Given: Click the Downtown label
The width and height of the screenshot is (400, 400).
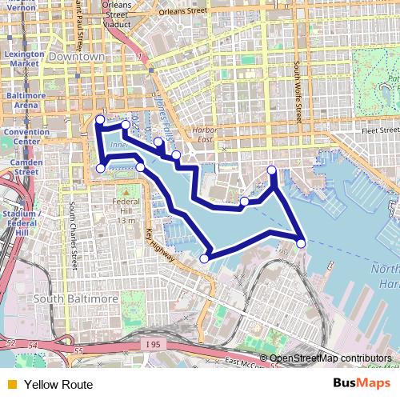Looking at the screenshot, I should click(x=77, y=58).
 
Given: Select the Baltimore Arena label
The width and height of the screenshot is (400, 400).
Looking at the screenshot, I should click(x=22, y=100).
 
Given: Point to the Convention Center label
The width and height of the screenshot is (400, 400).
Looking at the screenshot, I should click(x=22, y=137).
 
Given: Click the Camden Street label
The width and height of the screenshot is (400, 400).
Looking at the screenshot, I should click(x=22, y=166).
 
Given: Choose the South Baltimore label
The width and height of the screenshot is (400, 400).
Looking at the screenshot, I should click(x=76, y=298).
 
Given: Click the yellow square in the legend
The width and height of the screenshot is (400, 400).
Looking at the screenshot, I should click(x=11, y=385).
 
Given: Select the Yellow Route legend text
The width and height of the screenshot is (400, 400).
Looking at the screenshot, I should click(x=58, y=385).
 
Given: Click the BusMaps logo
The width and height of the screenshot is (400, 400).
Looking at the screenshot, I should click(x=363, y=383).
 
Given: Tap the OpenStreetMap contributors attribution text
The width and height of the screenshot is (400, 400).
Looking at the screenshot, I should click(x=330, y=358).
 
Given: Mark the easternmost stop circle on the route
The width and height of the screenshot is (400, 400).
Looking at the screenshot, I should click(x=301, y=243).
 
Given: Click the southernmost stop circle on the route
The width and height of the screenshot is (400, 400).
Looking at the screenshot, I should click(x=204, y=258).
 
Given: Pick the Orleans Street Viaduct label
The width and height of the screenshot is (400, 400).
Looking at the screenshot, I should click(x=118, y=14).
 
